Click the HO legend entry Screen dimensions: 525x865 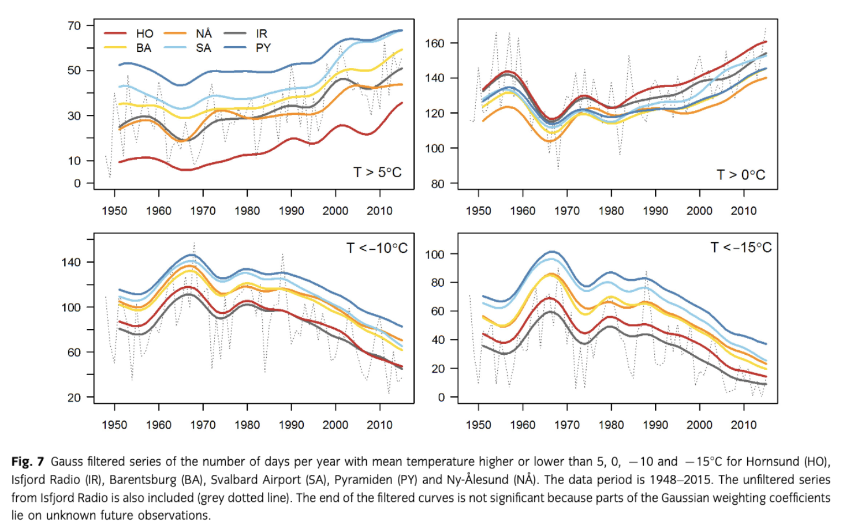point(144,33)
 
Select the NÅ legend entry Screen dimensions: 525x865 point(203,33)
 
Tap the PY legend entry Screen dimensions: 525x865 point(263,48)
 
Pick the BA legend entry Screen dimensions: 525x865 point(143,48)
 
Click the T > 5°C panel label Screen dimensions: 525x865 point(377,172)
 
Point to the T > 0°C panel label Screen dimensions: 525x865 point(740,175)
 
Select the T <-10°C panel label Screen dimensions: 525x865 point(376,248)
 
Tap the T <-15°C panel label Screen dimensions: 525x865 point(740,247)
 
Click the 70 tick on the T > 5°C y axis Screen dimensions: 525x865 point(74,25)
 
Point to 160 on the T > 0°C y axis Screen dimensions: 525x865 point(435,43)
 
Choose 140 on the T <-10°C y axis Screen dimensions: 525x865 point(71,262)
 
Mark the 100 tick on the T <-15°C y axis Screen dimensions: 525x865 point(435,254)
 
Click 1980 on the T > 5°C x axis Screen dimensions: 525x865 point(247,211)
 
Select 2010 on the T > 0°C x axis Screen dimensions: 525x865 point(743,211)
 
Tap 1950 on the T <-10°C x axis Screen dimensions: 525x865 point(114,425)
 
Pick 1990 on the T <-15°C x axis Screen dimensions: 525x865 point(655,425)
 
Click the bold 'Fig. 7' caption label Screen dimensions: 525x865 point(27,462)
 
